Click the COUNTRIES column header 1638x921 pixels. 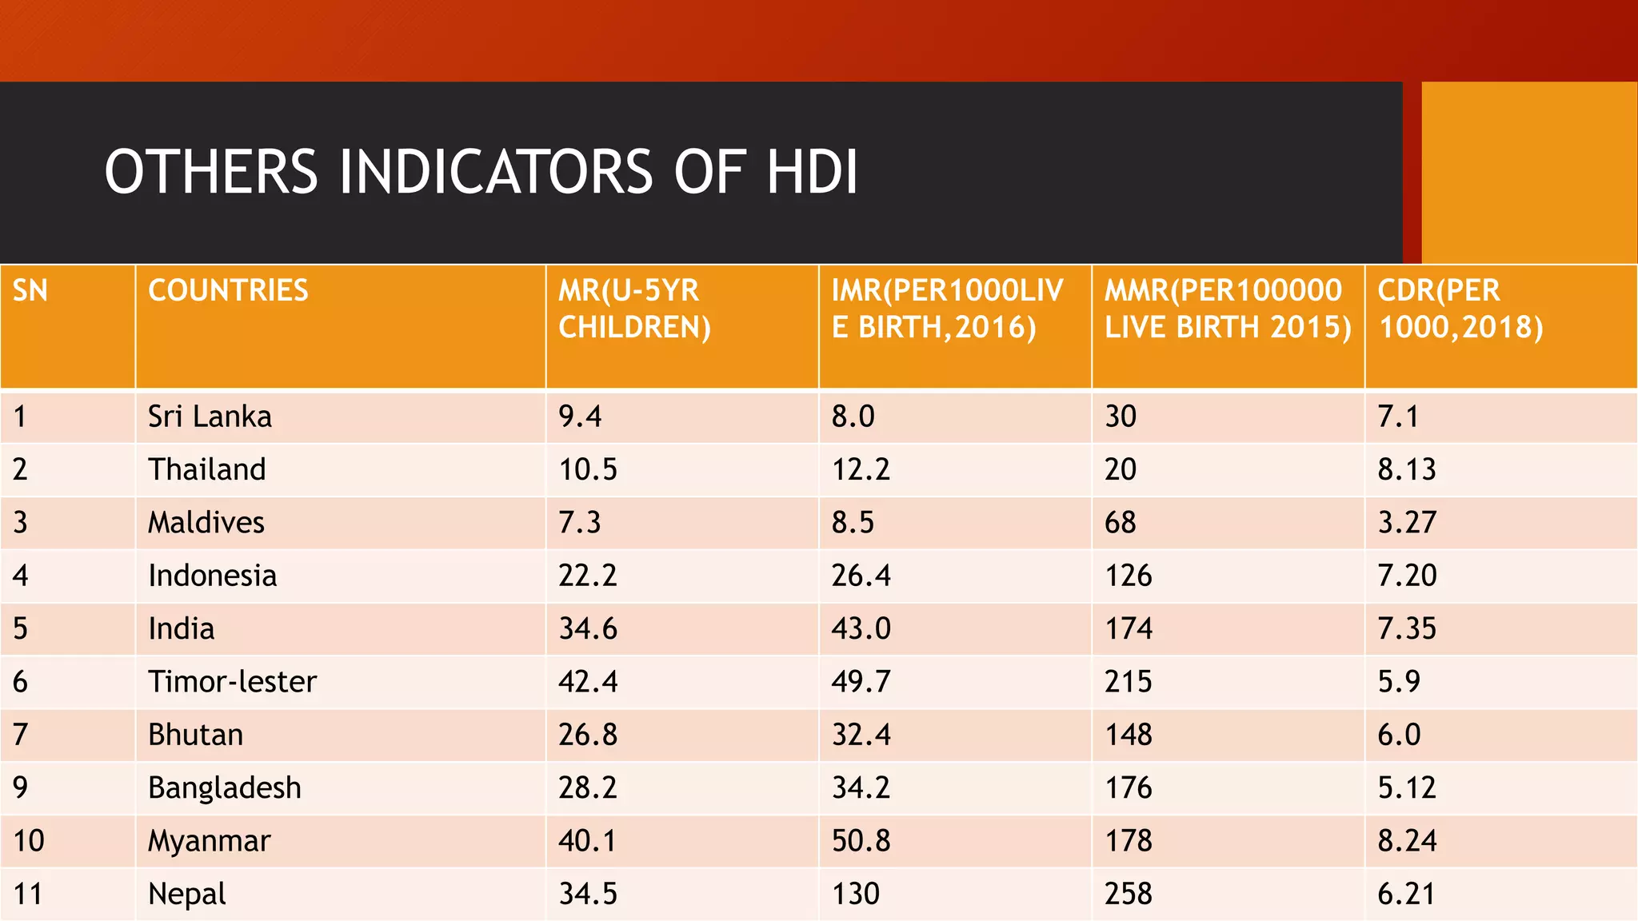228,290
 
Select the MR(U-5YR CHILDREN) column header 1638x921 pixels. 634,309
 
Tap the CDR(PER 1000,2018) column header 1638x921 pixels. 1460,309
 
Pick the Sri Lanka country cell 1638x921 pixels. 210,417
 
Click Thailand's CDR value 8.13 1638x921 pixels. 1406,469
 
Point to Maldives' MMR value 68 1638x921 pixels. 1120,523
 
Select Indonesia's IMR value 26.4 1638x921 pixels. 861,576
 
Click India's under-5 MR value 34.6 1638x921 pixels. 588,629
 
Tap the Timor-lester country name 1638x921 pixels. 232,682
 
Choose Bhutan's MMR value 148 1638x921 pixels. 1128,735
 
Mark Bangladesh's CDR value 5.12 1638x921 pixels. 1406,788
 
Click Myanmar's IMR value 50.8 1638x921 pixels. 861,841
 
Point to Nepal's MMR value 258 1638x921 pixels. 1128,894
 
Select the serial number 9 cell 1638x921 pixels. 21,788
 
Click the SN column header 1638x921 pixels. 30,290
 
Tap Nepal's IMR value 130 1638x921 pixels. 855,894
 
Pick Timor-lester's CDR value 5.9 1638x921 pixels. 1398,682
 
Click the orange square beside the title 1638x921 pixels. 1528,172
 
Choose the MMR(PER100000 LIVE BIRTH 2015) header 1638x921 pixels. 1227,309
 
